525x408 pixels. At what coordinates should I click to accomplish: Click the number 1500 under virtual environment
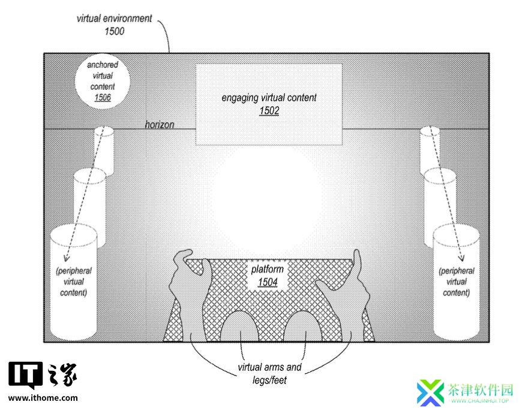pyautogui.click(x=115, y=31)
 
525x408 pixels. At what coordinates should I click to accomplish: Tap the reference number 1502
pyautogui.click(x=269, y=111)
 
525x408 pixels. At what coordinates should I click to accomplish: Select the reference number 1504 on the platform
pyautogui.click(x=268, y=282)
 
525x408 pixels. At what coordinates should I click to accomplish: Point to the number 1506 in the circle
pyautogui.click(x=103, y=97)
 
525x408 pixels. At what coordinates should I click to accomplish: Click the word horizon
pyautogui.click(x=160, y=125)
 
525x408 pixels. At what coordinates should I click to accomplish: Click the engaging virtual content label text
pyautogui.click(x=269, y=98)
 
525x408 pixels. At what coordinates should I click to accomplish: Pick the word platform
pyautogui.click(x=267, y=269)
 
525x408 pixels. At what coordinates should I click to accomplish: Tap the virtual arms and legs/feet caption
pyautogui.click(x=269, y=374)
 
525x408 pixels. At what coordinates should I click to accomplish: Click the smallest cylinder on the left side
pyautogui.click(x=104, y=150)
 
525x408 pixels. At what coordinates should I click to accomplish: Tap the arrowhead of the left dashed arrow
pyautogui.click(x=66, y=258)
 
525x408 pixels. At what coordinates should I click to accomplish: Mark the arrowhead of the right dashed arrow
pyautogui.click(x=462, y=258)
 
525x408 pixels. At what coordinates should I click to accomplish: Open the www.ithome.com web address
pyautogui.click(x=43, y=398)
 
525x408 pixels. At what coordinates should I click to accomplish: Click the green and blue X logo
pyautogui.click(x=430, y=392)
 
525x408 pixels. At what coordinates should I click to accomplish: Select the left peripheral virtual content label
pyautogui.click(x=74, y=282)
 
